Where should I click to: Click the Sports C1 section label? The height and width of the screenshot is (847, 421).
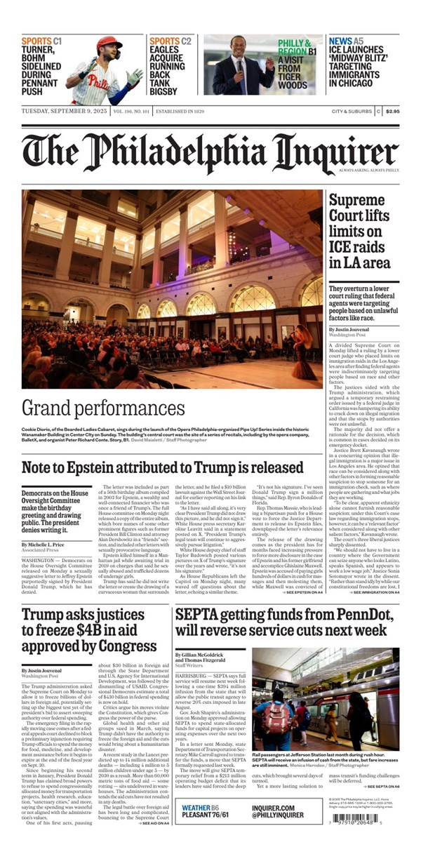pos(41,41)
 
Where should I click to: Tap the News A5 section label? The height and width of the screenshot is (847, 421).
pos(346,41)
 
